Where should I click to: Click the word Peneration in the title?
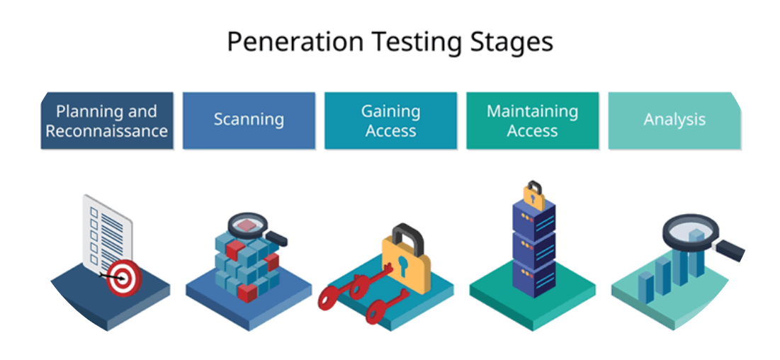295,42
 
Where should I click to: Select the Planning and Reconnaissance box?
107,120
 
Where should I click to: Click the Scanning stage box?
249,120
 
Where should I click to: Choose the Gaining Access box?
390,120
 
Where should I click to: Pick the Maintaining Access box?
532,120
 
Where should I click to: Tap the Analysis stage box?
674,120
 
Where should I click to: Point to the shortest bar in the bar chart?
645,287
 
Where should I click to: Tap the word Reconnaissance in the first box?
106,131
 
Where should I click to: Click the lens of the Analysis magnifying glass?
691,232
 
